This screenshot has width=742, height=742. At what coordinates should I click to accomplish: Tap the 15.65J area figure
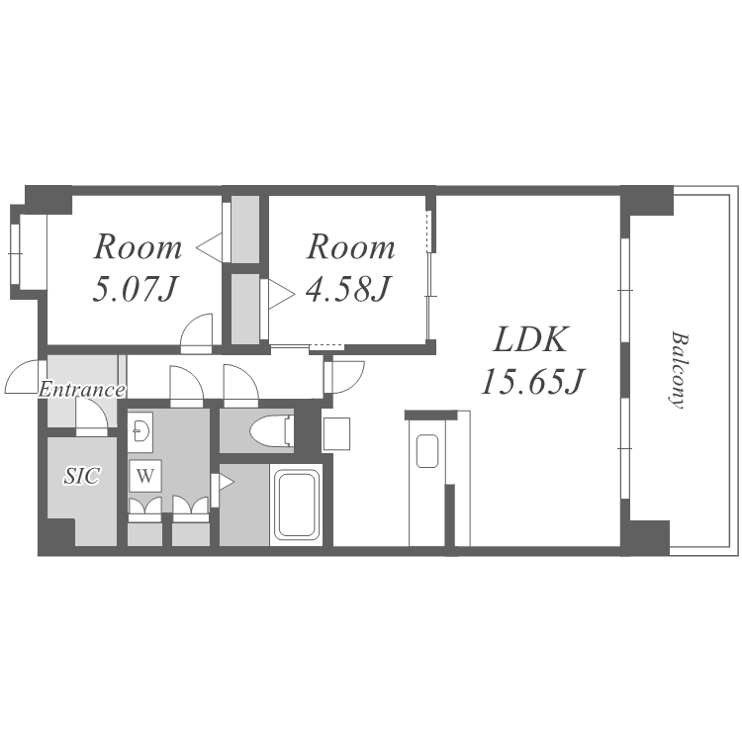click(x=533, y=382)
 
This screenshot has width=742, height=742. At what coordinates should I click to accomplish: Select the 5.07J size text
click(x=135, y=289)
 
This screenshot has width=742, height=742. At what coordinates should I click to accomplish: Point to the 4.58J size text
click(x=348, y=289)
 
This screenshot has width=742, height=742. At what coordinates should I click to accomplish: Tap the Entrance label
click(x=82, y=390)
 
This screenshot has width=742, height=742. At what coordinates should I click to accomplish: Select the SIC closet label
click(x=82, y=476)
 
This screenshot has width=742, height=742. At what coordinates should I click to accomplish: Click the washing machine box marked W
click(x=145, y=476)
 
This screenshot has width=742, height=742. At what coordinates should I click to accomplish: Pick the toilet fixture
click(x=269, y=430)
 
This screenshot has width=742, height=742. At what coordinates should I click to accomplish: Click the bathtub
click(x=296, y=505)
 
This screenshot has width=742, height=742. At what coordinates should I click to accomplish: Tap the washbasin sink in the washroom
click(x=140, y=430)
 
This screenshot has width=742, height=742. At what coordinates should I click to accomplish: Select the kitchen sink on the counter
click(x=426, y=451)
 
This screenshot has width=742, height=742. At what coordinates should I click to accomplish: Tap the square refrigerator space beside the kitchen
click(x=336, y=433)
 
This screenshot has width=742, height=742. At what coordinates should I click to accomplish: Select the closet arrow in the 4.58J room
click(x=282, y=294)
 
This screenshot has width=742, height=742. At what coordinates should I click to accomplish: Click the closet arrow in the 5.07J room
click(x=209, y=247)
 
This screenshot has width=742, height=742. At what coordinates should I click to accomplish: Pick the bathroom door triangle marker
click(x=226, y=483)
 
